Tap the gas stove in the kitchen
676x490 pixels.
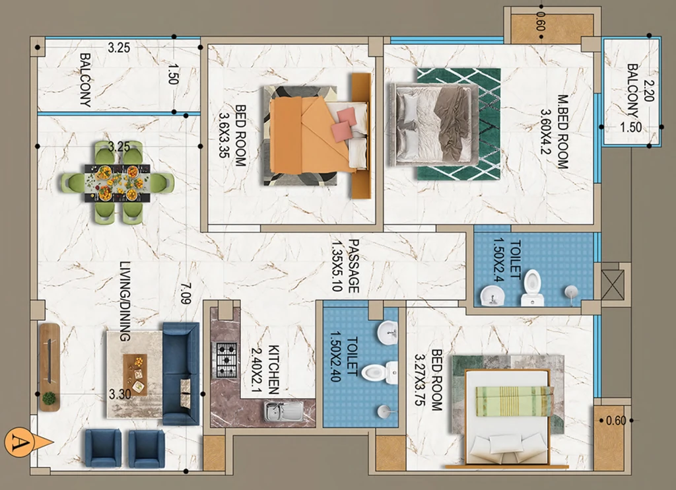tap(226, 359)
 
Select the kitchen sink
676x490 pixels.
tap(284, 411)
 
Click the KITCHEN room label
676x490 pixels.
tap(274, 370)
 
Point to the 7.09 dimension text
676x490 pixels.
tap(186, 293)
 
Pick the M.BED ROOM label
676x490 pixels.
tap(562, 131)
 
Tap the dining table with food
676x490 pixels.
tap(118, 182)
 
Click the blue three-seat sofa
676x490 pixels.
tap(181, 374)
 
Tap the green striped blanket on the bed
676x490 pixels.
tap(514, 401)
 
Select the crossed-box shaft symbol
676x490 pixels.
tap(612, 284)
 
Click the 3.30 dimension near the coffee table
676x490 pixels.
tap(120, 394)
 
